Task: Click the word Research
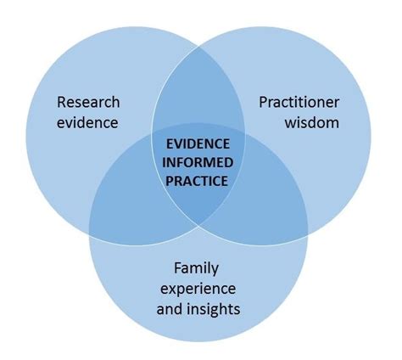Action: click(x=88, y=103)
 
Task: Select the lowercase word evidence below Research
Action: click(x=88, y=122)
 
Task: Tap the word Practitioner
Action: click(x=299, y=103)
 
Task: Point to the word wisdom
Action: click(x=312, y=122)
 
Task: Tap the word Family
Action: click(x=196, y=268)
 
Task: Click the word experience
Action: click(x=197, y=288)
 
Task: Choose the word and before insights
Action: click(x=170, y=308)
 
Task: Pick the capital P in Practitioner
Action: click(x=263, y=103)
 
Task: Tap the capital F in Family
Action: click(x=178, y=268)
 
